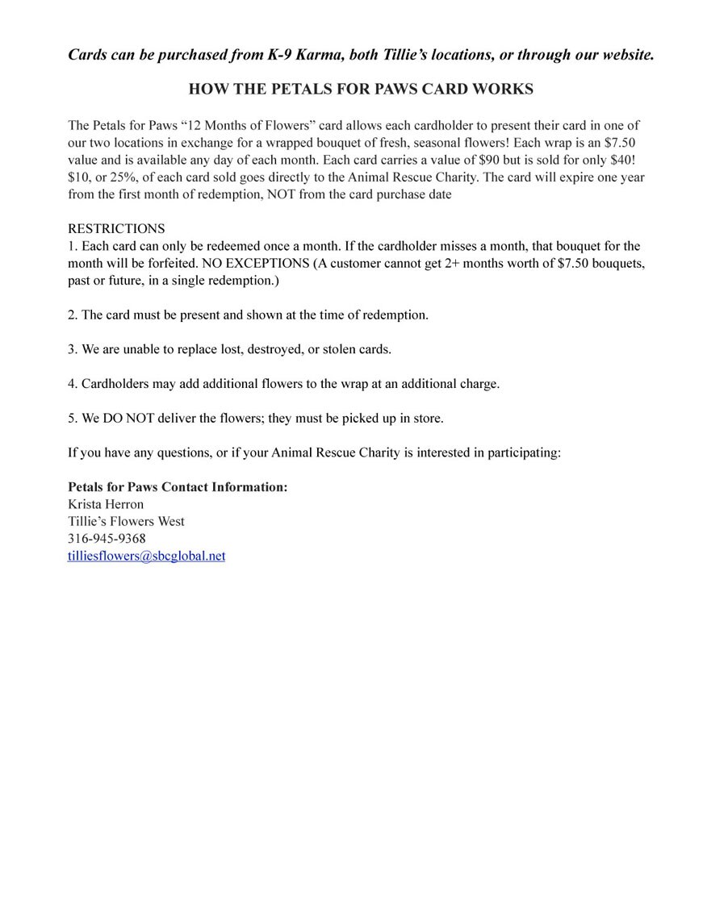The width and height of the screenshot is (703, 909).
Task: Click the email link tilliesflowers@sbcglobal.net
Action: (146, 557)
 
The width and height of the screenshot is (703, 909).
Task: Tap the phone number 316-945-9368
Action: (107, 539)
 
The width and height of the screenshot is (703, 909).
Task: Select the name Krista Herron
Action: (106, 504)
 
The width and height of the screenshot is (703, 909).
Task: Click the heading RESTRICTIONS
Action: (116, 229)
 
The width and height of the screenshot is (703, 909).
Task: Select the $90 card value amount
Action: (489, 160)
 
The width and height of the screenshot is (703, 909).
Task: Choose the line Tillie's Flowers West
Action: (126, 522)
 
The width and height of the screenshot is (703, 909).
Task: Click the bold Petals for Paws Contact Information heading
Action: (178, 487)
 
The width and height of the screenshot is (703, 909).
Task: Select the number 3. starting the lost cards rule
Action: (73, 349)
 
